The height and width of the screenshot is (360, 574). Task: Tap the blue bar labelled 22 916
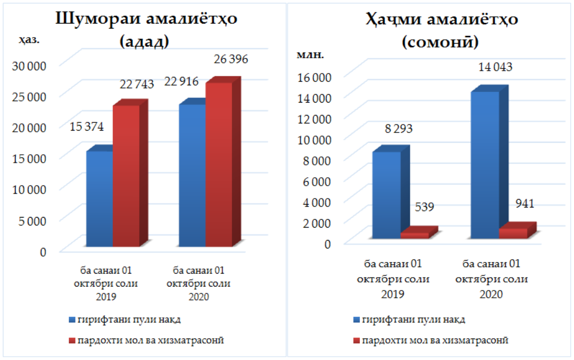click(192, 176)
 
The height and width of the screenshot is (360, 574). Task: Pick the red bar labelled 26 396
click(219, 164)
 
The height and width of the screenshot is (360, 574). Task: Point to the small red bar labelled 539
click(414, 235)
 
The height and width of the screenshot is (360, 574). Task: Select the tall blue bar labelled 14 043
click(485, 165)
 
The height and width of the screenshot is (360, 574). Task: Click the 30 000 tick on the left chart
click(27, 65)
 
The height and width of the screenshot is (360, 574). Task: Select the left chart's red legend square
click(72, 340)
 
